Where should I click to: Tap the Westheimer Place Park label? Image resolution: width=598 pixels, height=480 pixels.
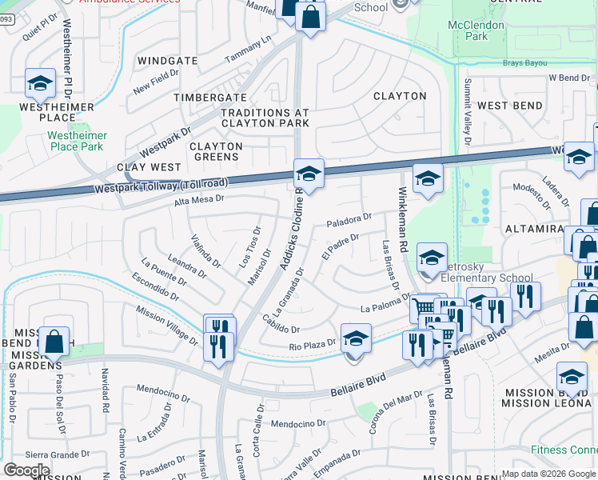pyautogui.click(x=76, y=142)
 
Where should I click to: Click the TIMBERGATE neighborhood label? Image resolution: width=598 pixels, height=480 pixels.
pyautogui.click(x=210, y=97)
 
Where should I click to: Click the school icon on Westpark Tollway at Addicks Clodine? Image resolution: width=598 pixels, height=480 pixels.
pyautogui.click(x=309, y=173)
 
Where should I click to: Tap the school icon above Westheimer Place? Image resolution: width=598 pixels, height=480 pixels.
pyautogui.click(x=40, y=82)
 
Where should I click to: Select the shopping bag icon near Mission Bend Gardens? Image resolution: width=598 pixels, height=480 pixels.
pyautogui.click(x=54, y=342)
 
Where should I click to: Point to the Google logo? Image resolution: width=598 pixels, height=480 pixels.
pyautogui.click(x=26, y=470)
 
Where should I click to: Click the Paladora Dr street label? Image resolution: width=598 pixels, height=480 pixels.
pyautogui.click(x=349, y=218)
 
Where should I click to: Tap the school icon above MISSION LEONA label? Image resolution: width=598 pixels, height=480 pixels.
pyautogui.click(x=572, y=376)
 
